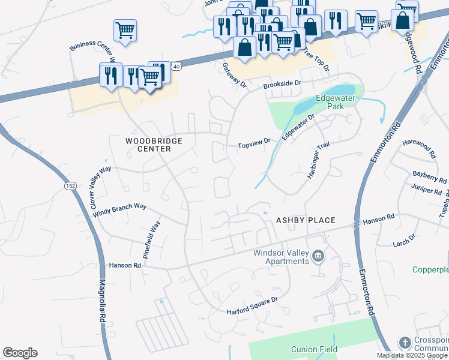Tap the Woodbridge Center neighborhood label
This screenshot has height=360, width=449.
tap(153, 145)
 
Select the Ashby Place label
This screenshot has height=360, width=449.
tap(304, 220)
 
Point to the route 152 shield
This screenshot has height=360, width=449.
tap(70, 187)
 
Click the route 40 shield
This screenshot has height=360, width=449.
tap(175, 66)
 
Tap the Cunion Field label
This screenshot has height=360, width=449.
tap(314, 349)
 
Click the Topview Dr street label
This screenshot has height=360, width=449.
tap(255, 145)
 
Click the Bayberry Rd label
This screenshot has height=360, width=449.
tap(429, 176)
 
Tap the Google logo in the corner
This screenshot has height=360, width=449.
tap(20, 353)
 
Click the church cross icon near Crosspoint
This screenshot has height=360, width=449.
tap(405, 343)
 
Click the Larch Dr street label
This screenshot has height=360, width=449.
tap(403, 240)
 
